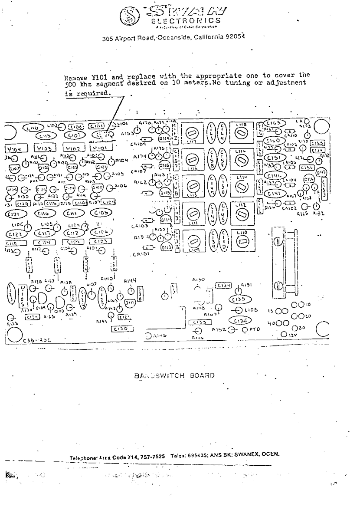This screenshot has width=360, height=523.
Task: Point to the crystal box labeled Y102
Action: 73,148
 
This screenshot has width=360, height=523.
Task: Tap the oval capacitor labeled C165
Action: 276,123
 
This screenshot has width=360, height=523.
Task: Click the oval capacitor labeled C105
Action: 101,213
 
